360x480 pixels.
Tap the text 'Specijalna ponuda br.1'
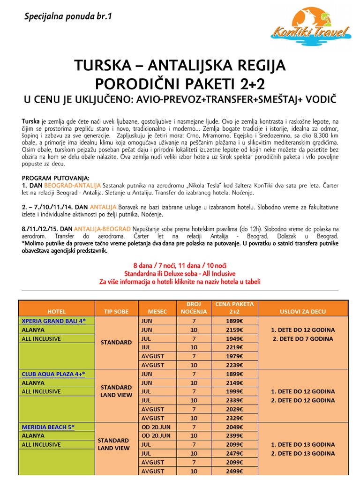tap(68, 17)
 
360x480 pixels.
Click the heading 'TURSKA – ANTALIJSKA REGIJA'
tap(180, 66)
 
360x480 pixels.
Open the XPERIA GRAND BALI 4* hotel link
tap(58, 321)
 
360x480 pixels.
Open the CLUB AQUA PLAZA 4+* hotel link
tap(56, 374)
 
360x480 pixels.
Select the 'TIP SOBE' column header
tap(115, 311)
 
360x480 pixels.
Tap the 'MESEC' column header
tap(157, 311)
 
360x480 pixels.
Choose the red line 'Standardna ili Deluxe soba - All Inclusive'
tap(180, 273)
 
